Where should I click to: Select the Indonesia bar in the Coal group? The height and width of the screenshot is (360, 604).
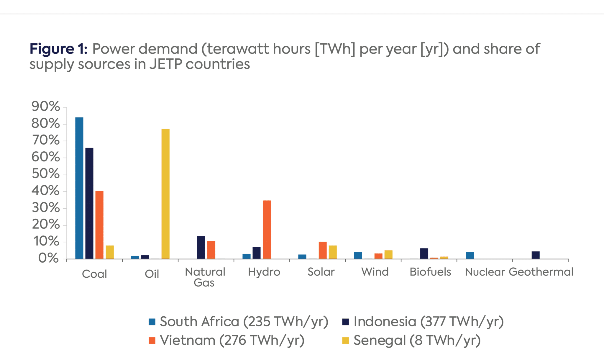89,203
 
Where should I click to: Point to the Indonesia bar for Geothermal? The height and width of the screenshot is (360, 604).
536,255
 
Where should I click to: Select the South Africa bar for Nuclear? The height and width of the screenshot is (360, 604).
470,255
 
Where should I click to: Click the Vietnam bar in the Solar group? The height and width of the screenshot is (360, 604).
323,250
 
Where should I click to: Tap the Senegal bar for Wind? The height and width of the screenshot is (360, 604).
388,254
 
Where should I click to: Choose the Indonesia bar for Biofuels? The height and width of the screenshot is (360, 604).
424,253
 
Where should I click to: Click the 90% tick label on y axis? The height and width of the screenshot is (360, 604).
46,106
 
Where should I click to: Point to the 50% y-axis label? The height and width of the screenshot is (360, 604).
46,174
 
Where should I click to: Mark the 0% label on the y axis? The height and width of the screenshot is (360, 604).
48,258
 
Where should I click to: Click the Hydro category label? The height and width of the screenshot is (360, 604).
264,272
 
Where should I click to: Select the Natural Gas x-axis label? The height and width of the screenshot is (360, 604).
205,277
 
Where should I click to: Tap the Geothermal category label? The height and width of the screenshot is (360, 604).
541,272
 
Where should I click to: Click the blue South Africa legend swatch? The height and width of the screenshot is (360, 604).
152,322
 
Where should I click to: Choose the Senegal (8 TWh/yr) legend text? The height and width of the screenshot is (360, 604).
417,340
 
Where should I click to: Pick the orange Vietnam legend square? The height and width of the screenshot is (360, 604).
152,341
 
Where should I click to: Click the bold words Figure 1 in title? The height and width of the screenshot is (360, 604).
58,49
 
